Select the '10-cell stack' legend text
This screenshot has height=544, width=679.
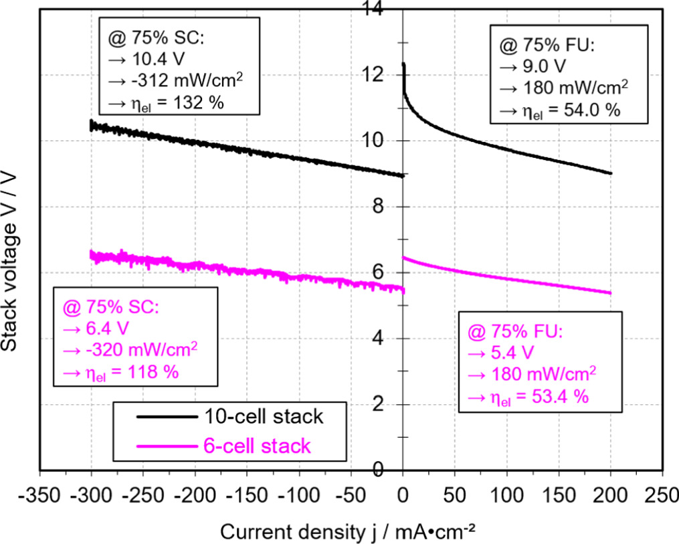[x=262, y=416]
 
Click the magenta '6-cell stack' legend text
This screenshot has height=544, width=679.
[x=256, y=446]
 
